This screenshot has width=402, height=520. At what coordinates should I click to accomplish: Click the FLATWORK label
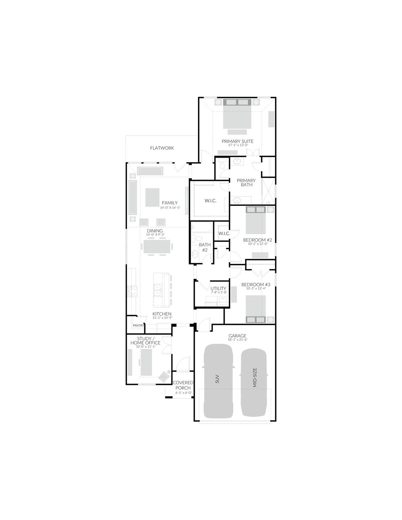click(x=162, y=148)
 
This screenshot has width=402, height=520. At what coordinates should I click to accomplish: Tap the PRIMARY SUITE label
click(x=237, y=141)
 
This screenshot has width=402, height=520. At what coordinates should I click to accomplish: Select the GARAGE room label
click(x=237, y=336)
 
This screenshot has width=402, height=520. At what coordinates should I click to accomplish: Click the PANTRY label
click(x=138, y=325)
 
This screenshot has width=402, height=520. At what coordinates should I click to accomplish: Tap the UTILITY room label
click(x=218, y=288)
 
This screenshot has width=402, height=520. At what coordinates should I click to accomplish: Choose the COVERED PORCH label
click(x=183, y=385)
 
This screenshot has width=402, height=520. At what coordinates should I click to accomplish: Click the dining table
click(x=157, y=246)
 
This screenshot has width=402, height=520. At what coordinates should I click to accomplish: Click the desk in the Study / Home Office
click(x=146, y=362)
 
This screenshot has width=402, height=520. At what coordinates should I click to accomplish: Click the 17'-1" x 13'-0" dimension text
click(x=238, y=145)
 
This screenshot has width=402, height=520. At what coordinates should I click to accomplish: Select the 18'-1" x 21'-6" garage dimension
click(x=237, y=340)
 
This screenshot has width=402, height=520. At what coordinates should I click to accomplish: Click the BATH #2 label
click(x=205, y=247)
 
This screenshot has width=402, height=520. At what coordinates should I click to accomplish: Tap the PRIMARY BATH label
click(x=246, y=182)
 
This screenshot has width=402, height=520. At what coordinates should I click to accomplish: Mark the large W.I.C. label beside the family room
click(x=210, y=201)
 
